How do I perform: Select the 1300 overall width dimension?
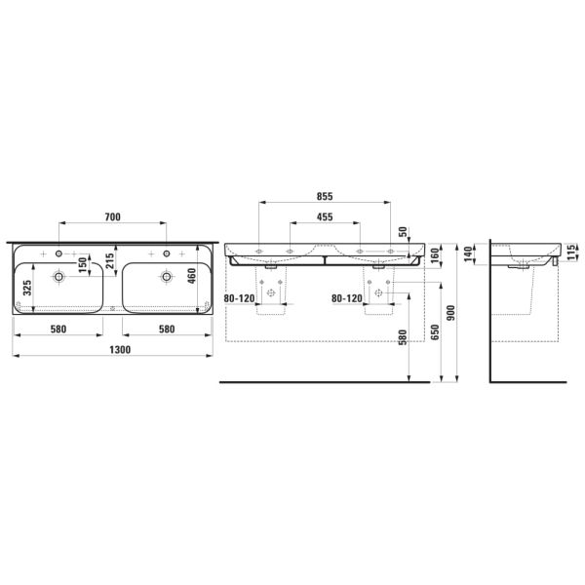(x=112, y=349)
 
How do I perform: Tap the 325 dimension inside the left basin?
(x=27, y=290)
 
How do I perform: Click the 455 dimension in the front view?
(x=324, y=219)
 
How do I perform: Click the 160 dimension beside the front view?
(x=434, y=255)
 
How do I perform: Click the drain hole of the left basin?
(x=59, y=278)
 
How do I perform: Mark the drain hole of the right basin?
(x=166, y=278)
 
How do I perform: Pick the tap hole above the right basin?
(x=166, y=254)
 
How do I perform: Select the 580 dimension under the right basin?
(x=166, y=329)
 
